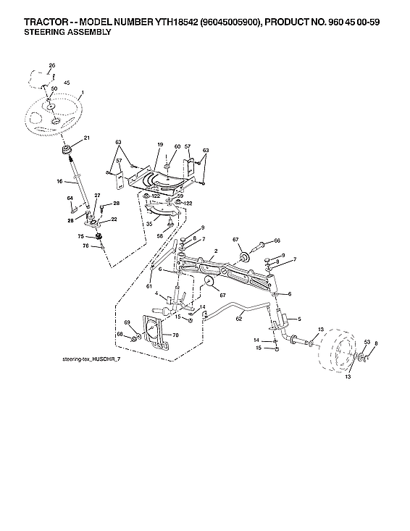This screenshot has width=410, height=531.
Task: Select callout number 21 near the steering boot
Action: [x=87, y=138]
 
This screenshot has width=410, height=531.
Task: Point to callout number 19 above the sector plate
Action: [x=159, y=146]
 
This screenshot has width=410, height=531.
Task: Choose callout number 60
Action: [x=177, y=147]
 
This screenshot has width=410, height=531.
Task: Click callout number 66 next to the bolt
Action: [x=277, y=241]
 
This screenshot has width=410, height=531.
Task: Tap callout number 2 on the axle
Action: [x=216, y=251]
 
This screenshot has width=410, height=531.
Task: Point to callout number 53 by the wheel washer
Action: [x=367, y=341]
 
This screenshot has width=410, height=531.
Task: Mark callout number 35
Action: [x=148, y=225]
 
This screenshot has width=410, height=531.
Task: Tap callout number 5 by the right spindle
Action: [x=300, y=319]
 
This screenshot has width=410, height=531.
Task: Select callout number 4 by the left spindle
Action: [x=157, y=293]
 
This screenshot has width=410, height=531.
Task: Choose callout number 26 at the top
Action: [x=51, y=66]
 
